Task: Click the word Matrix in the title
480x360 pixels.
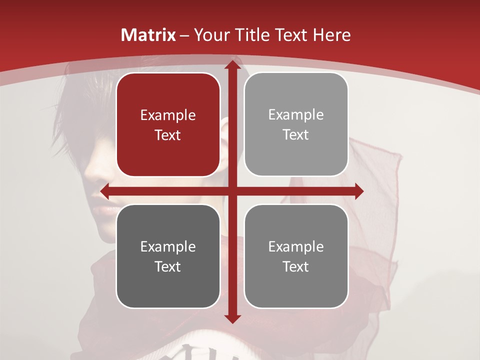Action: click(148, 35)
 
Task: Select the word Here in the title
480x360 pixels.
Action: click(331, 35)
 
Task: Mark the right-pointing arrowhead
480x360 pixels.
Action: click(359, 191)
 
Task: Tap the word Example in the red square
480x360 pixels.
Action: click(168, 115)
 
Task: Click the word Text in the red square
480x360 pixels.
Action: click(168, 135)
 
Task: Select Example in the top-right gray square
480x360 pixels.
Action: click(296, 115)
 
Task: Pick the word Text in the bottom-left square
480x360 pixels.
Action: click(168, 266)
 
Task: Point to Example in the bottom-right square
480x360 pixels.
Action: click(296, 246)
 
